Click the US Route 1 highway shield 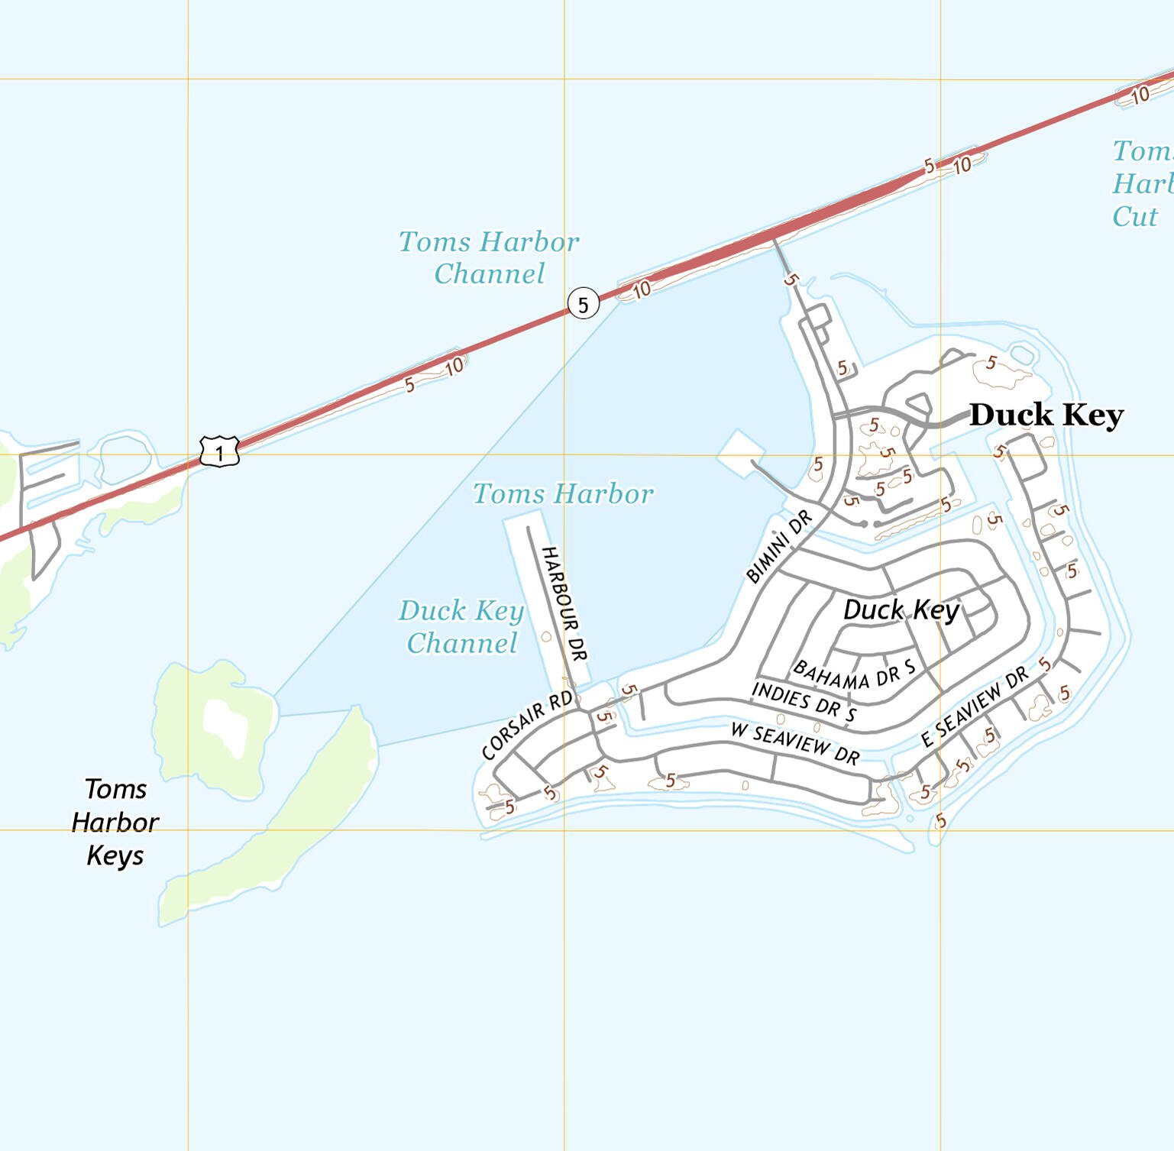(x=219, y=452)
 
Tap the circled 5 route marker (x=583, y=305)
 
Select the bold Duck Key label (x=1046, y=415)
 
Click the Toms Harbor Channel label (x=489, y=257)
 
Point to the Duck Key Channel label (x=461, y=626)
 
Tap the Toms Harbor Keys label (x=115, y=822)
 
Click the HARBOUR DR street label (x=564, y=603)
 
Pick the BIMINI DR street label (x=779, y=548)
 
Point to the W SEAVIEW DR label (x=795, y=742)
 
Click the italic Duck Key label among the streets (x=901, y=609)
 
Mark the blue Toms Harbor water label (x=563, y=493)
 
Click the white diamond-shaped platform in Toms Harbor (x=738, y=454)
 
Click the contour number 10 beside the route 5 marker (x=641, y=289)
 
